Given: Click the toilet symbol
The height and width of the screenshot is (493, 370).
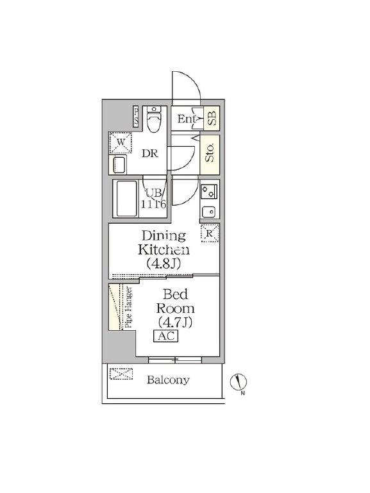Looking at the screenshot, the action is click(154, 119).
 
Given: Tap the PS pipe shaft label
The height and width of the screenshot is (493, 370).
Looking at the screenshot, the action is click(136, 116).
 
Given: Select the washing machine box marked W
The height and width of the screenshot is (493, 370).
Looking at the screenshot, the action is click(121, 142).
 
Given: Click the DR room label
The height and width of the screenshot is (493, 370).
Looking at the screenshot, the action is click(149, 153).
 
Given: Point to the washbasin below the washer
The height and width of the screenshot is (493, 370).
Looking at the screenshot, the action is click(119, 164).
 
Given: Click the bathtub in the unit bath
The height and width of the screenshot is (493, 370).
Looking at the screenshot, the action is click(127, 198).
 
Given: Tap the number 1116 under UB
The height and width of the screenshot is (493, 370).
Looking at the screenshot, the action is click(153, 205).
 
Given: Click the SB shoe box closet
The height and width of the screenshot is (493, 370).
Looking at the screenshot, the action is click(212, 118).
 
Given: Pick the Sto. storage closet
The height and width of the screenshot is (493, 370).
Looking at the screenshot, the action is click(210, 155).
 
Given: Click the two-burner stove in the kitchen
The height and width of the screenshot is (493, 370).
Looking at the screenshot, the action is click(209, 191).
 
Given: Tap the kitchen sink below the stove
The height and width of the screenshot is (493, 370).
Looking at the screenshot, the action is click(208, 212).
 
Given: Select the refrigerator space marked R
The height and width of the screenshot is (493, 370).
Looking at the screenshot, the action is click(209, 233).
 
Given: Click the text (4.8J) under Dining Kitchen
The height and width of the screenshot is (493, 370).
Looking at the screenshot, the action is click(164, 263).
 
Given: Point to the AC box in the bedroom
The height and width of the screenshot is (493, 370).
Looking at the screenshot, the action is click(165, 336).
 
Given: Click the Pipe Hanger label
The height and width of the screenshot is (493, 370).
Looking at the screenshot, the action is click(129, 308).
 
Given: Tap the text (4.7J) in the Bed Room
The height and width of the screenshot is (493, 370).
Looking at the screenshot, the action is click(175, 322).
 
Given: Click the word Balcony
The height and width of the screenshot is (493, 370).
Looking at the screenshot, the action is click(168, 380).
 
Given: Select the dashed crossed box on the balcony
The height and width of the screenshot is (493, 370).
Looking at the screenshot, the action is click(121, 374).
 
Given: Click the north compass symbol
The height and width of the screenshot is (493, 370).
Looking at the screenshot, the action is click(239, 383).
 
